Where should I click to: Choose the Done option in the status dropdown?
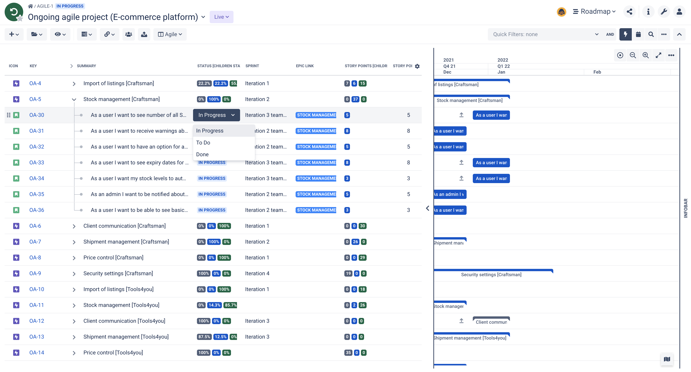coord(202,154)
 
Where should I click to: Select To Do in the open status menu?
coord(203,143)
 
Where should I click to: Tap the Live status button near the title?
coord(221,17)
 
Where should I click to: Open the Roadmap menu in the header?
coord(594,12)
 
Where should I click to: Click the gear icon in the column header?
coord(417,66)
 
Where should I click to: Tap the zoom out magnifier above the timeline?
coord(633,55)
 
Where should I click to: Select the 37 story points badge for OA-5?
coord(355,99)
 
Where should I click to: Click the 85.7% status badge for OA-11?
coord(230,305)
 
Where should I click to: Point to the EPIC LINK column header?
coord(305,66)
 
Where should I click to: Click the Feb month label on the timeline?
coord(597,72)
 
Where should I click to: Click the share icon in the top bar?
coord(629,12)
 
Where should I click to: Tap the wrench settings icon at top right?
coord(664,12)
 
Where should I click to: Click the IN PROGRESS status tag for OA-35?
coord(212,194)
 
